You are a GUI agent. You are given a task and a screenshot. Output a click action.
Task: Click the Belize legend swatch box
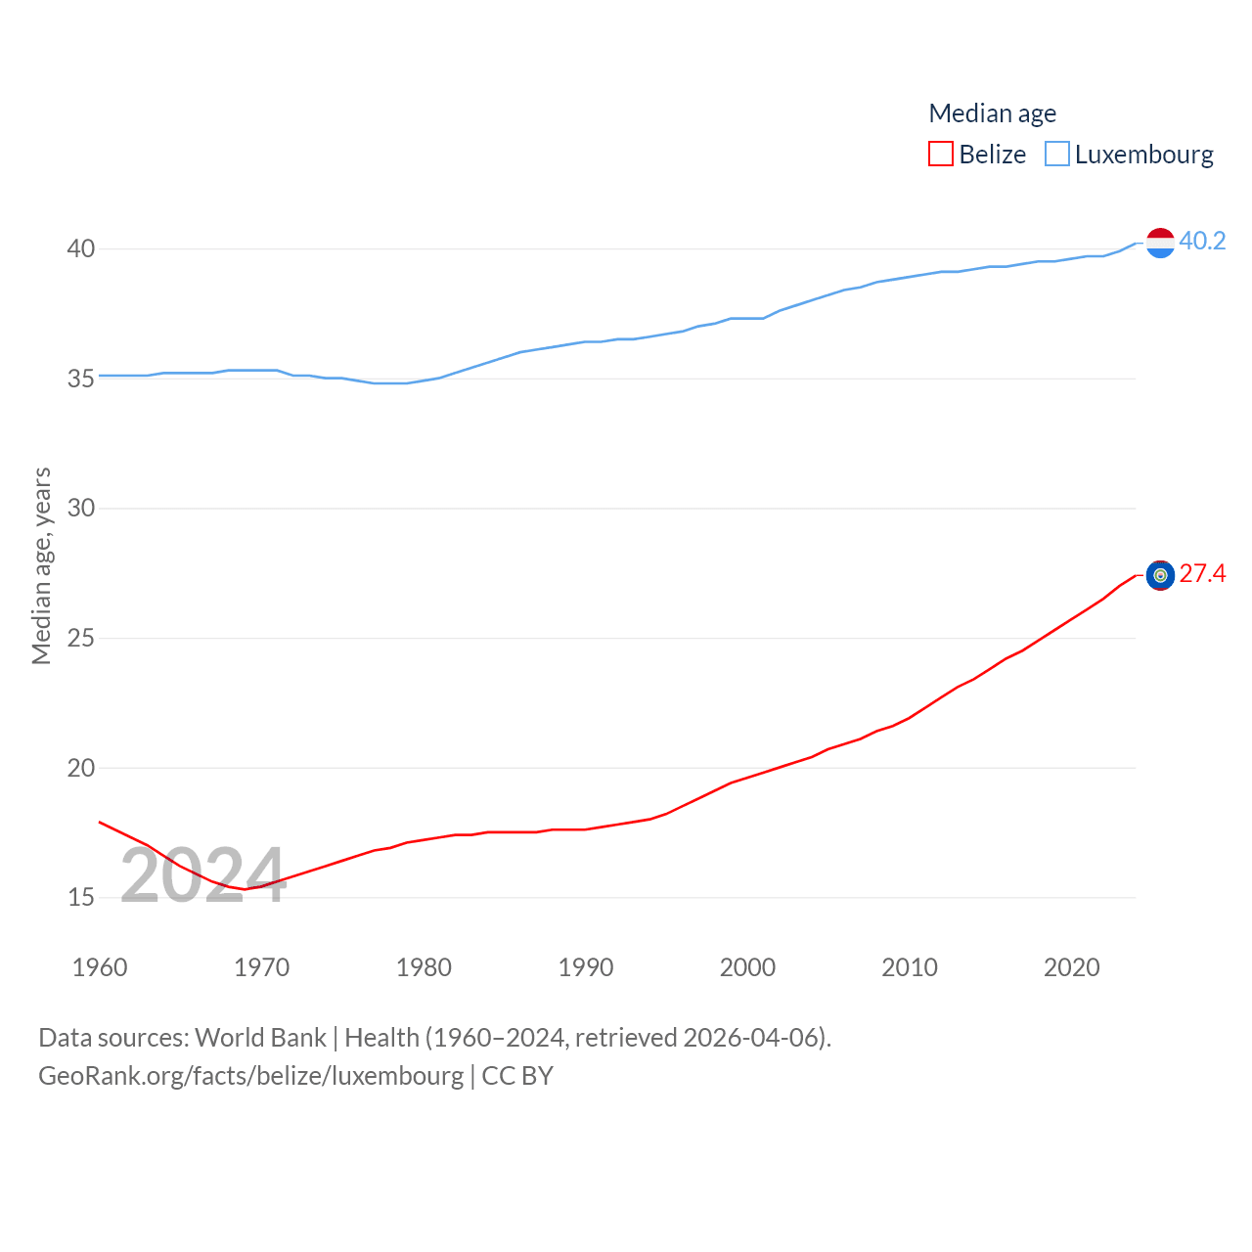coord(941,155)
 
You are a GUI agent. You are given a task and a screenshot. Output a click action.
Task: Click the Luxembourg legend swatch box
coord(1057,155)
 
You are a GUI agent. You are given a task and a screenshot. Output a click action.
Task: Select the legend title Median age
coord(992,113)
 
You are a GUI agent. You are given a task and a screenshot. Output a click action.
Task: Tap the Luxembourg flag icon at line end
coord(1160,243)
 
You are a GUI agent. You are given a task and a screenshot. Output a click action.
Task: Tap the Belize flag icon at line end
coord(1160,575)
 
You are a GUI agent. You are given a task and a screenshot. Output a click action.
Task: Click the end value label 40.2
coord(1202,241)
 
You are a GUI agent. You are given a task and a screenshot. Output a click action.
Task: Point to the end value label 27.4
coord(1202,573)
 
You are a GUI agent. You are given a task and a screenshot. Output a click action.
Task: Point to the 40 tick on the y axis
coord(81,248)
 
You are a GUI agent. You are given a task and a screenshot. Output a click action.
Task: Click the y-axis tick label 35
coord(81,379)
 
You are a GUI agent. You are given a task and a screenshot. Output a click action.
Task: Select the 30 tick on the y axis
coord(81,508)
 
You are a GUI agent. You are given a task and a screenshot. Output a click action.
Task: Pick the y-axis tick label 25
coord(81,638)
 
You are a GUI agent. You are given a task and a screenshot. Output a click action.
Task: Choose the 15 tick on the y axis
coord(81,897)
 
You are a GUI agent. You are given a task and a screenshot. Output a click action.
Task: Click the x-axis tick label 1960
coord(100,967)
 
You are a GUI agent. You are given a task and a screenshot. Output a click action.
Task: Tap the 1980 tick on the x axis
coord(424,967)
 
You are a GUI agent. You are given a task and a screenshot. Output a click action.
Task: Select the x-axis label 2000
coord(747,967)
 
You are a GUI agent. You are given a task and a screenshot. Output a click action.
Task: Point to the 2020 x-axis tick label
coord(1071,967)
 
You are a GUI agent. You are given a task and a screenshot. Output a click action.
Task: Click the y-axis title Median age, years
coord(41,565)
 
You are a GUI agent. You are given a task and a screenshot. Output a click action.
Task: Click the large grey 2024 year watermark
coord(203,875)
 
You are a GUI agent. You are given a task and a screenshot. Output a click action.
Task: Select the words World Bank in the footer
coord(260,1037)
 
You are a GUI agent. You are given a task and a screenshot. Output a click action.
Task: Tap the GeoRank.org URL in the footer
coord(251,1076)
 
